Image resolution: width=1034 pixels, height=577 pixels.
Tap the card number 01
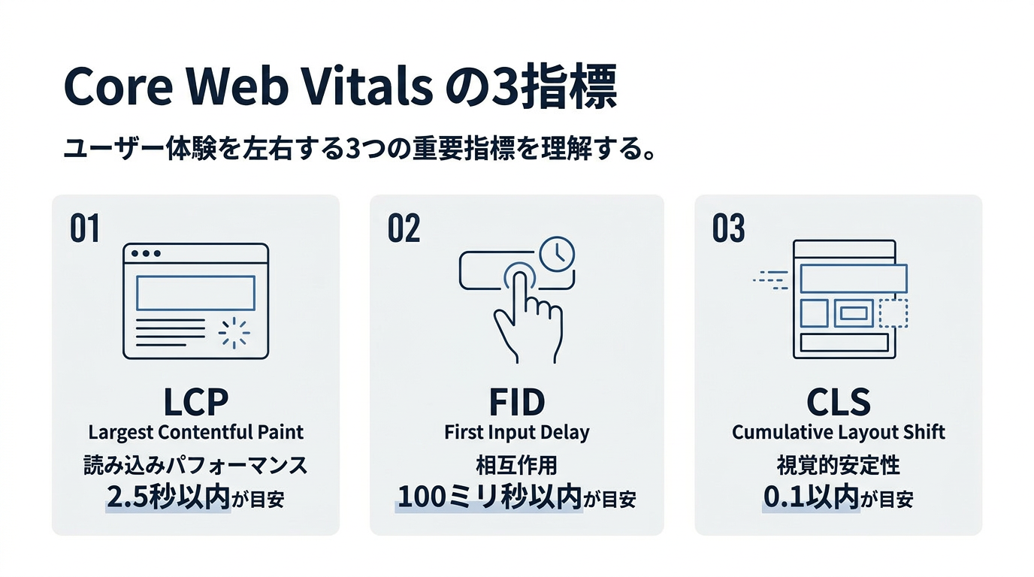click(84, 228)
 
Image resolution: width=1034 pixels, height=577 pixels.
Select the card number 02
click(404, 228)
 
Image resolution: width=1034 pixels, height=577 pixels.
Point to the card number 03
click(728, 228)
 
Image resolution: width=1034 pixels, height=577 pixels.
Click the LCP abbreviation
click(195, 403)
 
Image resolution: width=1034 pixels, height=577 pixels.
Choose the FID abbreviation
click(516, 403)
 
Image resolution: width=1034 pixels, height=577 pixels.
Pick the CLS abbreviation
click(839, 403)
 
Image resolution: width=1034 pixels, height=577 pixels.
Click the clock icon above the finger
click(557, 255)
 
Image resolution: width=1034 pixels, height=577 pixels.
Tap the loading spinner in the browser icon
click(234, 332)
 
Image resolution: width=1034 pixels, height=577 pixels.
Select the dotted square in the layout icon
click(893, 313)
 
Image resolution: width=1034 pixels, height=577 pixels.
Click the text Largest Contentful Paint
click(195, 433)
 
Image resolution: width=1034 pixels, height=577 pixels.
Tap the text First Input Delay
click(516, 433)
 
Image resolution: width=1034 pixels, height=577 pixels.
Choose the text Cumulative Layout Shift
click(839, 433)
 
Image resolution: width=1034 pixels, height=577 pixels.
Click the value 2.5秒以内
click(168, 497)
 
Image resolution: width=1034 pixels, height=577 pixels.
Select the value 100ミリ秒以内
click(489, 497)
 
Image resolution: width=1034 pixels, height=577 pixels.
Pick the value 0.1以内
click(811, 497)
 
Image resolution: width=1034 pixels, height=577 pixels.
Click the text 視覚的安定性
click(839, 465)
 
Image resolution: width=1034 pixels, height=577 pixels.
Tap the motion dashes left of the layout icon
click(770, 280)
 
